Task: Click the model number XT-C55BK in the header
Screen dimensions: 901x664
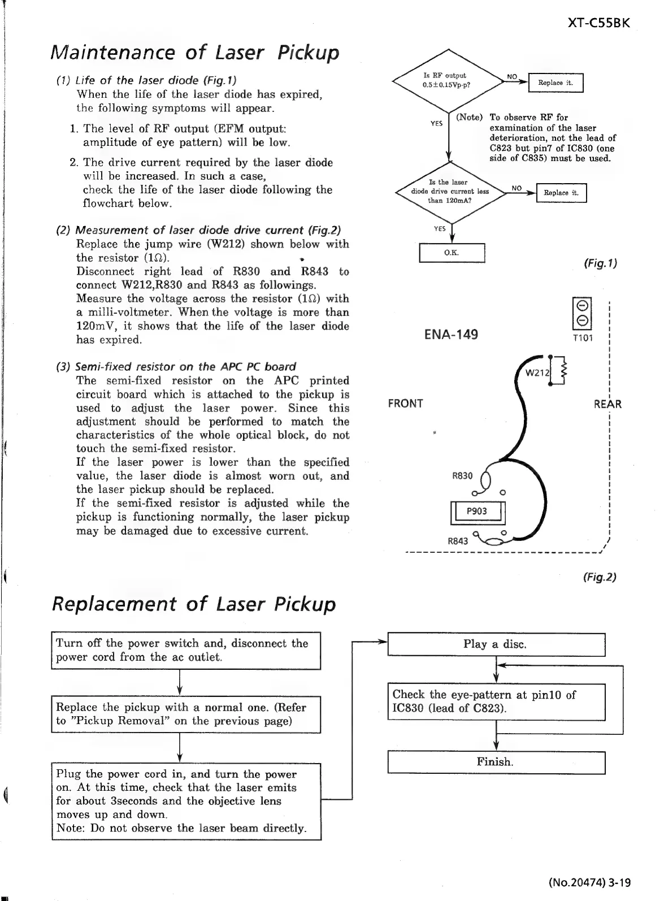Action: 598,24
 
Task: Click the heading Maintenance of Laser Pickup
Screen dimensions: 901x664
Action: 196,53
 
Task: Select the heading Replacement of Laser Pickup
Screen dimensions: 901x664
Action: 193,604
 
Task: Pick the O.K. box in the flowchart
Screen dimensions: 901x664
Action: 452,253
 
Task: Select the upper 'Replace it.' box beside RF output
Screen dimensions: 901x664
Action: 555,83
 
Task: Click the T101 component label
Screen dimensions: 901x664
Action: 581,338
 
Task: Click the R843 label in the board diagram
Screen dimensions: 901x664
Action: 458,540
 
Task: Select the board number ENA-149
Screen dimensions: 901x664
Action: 450,335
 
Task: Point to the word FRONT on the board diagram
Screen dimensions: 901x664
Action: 405,403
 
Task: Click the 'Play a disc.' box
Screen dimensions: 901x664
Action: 496,644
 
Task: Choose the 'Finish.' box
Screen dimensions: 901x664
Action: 496,762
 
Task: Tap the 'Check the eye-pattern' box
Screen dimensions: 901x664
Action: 496,701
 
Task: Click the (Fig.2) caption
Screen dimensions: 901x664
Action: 600,577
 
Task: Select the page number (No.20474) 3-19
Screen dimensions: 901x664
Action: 589,882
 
